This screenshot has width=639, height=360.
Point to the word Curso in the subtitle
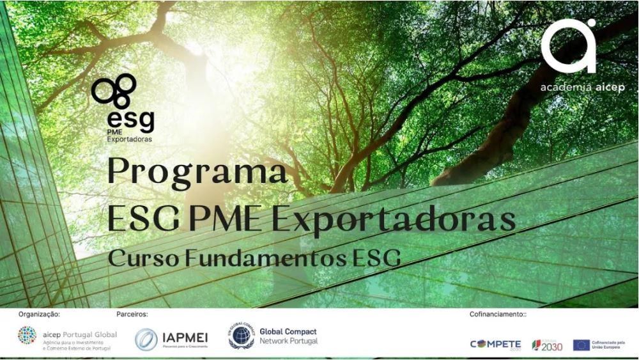[x=143, y=258]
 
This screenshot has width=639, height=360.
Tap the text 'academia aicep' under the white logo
[x=581, y=88]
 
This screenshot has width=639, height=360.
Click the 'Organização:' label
[x=39, y=315]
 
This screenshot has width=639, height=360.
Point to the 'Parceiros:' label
[x=132, y=315]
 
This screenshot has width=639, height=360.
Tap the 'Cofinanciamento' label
[x=497, y=315]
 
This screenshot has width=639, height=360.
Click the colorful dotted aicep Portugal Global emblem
[x=27, y=336]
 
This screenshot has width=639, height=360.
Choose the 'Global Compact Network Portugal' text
[x=288, y=336]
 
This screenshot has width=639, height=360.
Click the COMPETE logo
[x=496, y=345]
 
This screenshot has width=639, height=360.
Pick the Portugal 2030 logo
[x=548, y=345]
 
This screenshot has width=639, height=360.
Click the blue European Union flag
[x=581, y=345]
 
